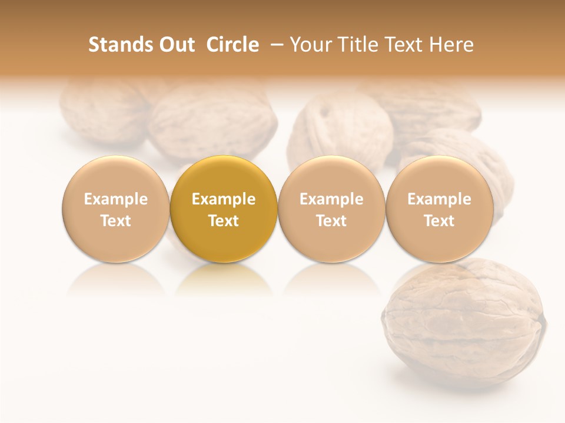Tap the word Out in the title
175,45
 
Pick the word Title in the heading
358,45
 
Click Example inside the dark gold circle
224,199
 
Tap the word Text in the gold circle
224,221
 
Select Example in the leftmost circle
115,199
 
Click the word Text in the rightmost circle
440,221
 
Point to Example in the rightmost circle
440,199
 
